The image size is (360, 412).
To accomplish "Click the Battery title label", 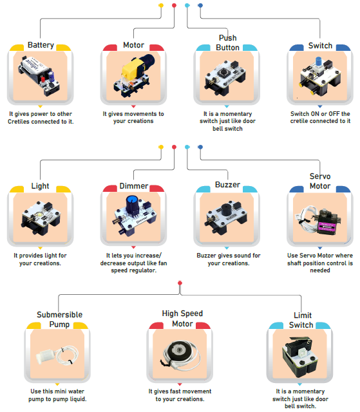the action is click(x=41, y=45).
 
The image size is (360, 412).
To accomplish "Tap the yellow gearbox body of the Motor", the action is click(x=132, y=70).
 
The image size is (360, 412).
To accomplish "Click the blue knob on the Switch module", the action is click(x=319, y=62).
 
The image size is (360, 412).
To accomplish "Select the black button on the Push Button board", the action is click(x=224, y=71).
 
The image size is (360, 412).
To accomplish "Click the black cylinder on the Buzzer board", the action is click(x=226, y=209).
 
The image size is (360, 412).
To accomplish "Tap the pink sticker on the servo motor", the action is click(x=327, y=227).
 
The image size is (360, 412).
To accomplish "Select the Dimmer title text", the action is click(x=134, y=186).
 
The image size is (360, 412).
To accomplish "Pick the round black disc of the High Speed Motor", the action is click(x=179, y=350).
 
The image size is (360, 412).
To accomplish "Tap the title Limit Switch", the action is click(x=301, y=320).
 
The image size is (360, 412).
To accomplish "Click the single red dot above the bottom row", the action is click(x=180, y=283).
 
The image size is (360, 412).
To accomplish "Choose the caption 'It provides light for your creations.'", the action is click(x=40, y=259).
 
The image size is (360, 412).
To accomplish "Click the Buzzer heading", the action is click(x=227, y=185).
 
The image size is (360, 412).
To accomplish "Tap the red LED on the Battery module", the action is click(x=43, y=79).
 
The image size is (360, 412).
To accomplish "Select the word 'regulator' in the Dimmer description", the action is click(x=144, y=270).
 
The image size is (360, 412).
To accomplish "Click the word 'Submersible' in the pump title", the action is click(x=60, y=315).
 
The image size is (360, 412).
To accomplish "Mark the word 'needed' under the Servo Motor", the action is click(x=320, y=270).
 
